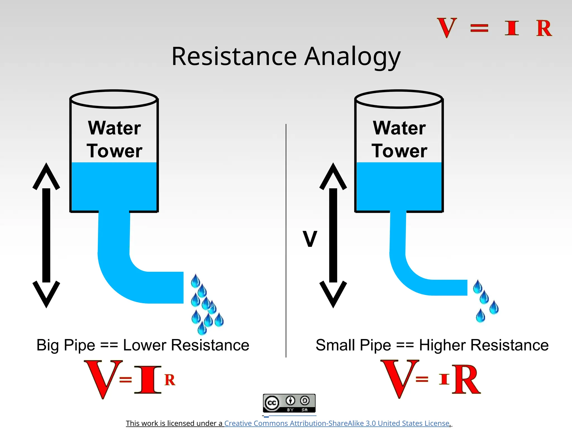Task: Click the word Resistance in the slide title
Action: pos(234,56)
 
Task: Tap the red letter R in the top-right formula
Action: pos(544,28)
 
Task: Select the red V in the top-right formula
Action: pos(447,28)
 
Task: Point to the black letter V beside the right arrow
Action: pos(310,239)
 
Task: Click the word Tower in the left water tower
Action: pos(115,151)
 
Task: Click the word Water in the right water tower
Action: pos(399,128)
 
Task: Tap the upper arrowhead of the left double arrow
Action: pos(46,176)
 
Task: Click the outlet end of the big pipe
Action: pos(180,287)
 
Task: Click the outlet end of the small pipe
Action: pos(464,287)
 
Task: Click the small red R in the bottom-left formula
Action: pos(170,380)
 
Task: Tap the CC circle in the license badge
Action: pos(272,403)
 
